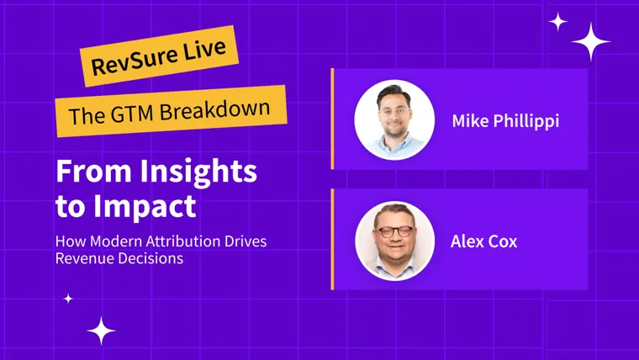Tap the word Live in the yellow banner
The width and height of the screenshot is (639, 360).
[x=204, y=50]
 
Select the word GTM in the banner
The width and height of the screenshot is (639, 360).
[x=132, y=113]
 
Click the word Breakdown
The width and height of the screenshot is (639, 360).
[x=214, y=109]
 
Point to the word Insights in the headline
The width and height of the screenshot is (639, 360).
[x=198, y=172]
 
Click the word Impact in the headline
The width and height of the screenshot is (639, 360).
[x=145, y=207]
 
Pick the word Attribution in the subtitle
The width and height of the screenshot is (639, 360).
[x=183, y=241]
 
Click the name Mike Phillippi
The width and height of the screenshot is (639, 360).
[x=506, y=121]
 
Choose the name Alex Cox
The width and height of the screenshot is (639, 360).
[x=483, y=241]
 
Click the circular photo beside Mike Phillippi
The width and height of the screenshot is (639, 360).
[x=394, y=120]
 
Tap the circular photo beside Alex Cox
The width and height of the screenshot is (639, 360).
[x=394, y=241]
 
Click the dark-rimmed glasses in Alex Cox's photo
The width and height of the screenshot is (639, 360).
[x=394, y=231]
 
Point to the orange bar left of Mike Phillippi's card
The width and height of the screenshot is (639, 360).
[x=333, y=119]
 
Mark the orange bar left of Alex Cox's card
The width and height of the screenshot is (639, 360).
[x=333, y=239]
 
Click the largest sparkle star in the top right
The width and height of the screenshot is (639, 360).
[x=590, y=41]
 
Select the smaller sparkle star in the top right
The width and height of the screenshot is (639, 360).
[x=558, y=22]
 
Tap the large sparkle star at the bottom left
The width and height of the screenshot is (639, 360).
[x=101, y=331]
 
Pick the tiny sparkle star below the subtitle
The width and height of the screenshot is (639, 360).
[x=68, y=299]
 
